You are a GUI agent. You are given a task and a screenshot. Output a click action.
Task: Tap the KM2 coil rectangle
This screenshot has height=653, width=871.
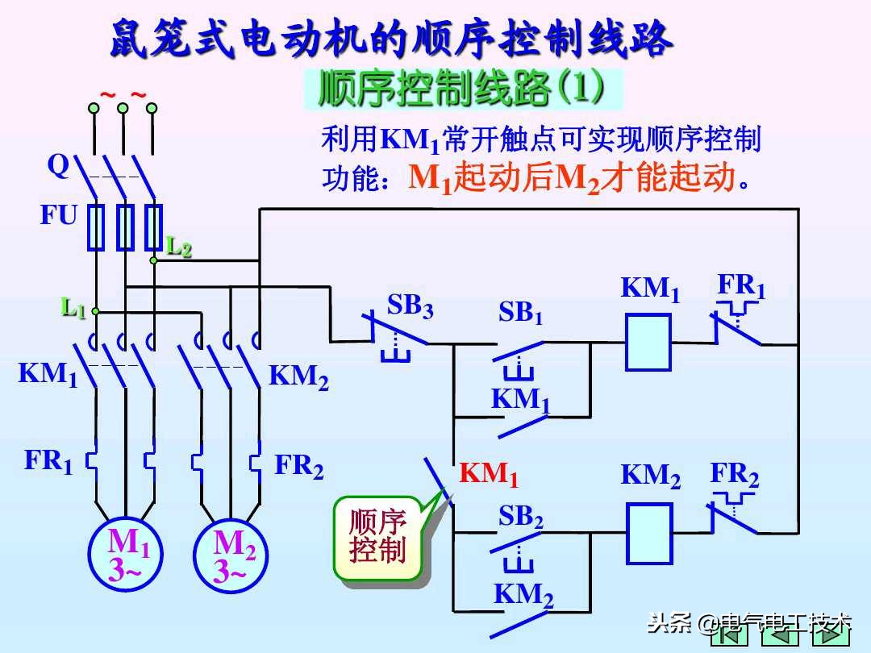[649, 532]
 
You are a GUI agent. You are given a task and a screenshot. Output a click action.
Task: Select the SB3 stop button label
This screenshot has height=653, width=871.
[410, 307]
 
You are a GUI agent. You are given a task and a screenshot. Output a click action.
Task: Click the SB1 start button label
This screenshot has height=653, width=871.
[520, 313]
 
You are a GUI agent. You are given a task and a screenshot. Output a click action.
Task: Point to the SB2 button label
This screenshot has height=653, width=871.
[521, 517]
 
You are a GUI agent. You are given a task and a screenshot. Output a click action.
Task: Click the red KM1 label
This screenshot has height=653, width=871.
[489, 475]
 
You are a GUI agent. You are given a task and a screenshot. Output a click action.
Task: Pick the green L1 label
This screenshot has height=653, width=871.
[74, 307]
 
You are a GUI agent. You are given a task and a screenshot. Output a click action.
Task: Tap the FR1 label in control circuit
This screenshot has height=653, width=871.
[741, 286]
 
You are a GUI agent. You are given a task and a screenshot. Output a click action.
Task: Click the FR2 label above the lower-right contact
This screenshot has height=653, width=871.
[734, 475]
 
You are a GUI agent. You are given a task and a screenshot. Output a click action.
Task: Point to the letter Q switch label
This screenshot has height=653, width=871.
[58, 165]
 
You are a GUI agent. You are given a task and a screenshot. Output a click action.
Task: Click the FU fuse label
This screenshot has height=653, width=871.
[59, 215]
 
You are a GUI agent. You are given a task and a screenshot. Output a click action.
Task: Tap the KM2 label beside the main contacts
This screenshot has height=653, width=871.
[298, 376]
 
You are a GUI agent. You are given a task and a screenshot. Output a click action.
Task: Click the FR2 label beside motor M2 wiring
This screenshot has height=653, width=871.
[299, 467]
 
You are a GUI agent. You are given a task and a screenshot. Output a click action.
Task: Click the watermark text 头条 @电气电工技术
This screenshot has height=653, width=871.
[750, 622]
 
